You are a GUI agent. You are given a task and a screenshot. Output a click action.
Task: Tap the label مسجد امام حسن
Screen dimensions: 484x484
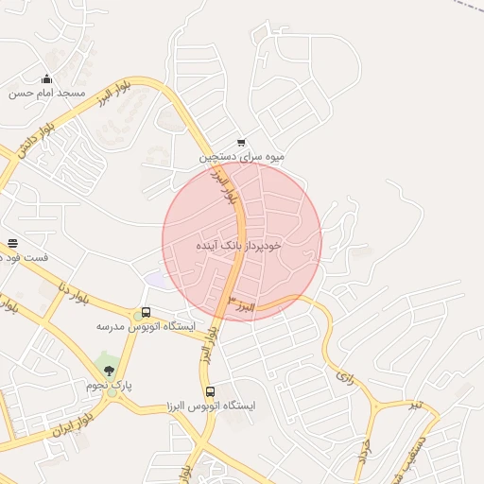coord(47,94)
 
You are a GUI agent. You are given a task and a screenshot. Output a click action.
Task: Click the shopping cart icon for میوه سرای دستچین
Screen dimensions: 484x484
coord(241,143)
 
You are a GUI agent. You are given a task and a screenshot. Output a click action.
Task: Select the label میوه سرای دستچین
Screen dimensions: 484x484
coord(241,158)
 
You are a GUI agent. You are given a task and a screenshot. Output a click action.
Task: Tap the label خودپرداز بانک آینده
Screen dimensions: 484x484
coord(238,245)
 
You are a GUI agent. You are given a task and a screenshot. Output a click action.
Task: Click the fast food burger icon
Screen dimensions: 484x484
coord(12,244)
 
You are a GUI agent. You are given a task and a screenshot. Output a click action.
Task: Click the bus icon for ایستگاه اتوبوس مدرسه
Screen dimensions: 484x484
coord(145,312)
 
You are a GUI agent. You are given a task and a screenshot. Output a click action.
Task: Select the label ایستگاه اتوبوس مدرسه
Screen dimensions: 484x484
coord(146,326)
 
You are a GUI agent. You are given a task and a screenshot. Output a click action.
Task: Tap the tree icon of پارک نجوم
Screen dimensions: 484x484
coord(110,371)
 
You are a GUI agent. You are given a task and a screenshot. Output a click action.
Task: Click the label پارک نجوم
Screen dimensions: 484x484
coord(110,386)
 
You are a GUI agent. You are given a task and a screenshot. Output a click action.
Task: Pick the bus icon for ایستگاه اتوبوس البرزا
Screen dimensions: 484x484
coord(210,391)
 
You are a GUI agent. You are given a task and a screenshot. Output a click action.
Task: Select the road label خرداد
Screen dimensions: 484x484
coord(364,451)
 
